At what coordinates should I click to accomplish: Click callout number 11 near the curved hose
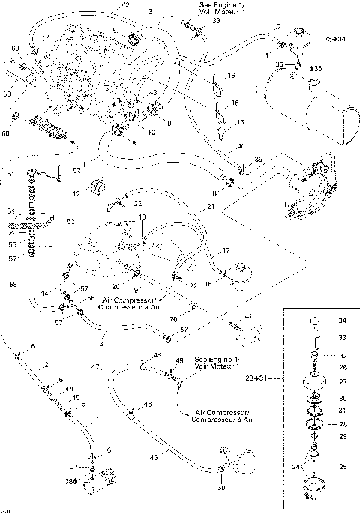coord(85,163)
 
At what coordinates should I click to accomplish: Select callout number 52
coord(77,170)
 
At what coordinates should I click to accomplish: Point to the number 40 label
coord(241,146)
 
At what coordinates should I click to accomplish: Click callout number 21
coord(210,207)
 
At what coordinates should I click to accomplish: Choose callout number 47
coord(95,368)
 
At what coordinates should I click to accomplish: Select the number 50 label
coord(221,488)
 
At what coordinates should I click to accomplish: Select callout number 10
coord(151,132)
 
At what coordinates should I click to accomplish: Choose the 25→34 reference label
coord(335,37)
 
